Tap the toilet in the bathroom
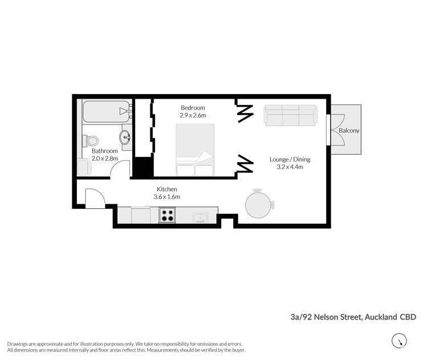click(x=90, y=140)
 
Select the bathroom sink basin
click(x=125, y=137)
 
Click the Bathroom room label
click(x=105, y=151)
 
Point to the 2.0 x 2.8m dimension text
click(x=105, y=159)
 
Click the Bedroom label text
click(x=193, y=108)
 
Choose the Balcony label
click(x=349, y=131)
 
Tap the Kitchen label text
click(x=167, y=189)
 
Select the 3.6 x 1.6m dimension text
click(x=167, y=197)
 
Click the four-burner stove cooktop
click(x=167, y=216)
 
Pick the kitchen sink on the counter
click(x=201, y=217)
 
